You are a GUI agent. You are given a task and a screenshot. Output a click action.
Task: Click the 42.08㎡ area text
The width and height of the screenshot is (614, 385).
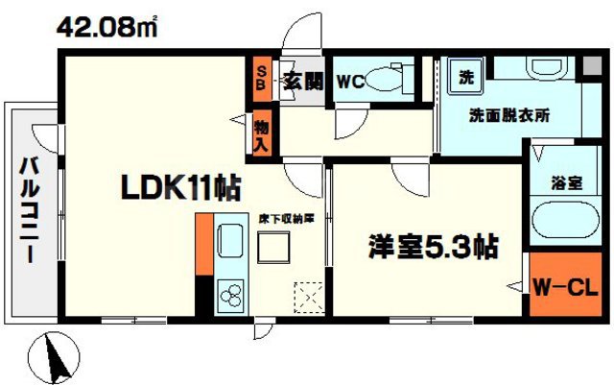(106, 26)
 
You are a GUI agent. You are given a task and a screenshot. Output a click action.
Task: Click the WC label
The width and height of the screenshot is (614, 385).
(349, 83)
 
